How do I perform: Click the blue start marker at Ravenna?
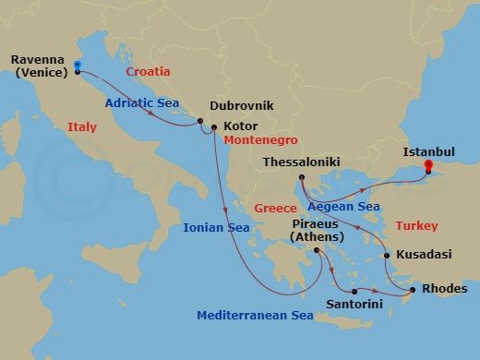click(77, 66)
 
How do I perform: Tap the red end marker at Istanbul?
click(428, 166)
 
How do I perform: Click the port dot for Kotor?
click(213, 127)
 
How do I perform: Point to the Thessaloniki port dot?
click(301, 177)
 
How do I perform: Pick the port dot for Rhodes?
click(412, 291)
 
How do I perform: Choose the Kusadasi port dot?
click(386, 256)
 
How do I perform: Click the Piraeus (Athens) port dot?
click(317, 250)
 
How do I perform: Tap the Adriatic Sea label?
click(141, 103)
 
